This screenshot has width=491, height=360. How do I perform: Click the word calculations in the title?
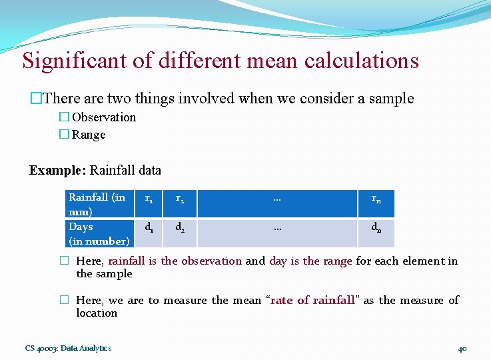pyautogui.click(x=362, y=61)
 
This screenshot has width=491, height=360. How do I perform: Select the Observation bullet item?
pyautogui.click(x=103, y=117)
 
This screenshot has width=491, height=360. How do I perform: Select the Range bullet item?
pyautogui.click(x=88, y=135)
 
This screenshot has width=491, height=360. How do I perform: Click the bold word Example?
pyautogui.click(x=57, y=170)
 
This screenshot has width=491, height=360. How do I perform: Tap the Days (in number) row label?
pyautogui.click(x=99, y=233)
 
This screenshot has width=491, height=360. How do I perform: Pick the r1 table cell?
pyautogui.click(x=150, y=198)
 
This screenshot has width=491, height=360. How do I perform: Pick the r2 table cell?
pyautogui.click(x=180, y=198)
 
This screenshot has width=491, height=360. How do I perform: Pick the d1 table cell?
pyautogui.click(x=150, y=227)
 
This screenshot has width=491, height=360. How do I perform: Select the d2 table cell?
pyautogui.click(x=180, y=227)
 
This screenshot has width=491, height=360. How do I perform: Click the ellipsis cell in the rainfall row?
pyautogui.click(x=277, y=198)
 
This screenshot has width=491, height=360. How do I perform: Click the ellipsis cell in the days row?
pyautogui.click(x=277, y=227)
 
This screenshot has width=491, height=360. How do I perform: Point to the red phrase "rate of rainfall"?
pyautogui.click(x=313, y=301)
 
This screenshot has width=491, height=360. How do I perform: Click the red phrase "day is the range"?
pyautogui.click(x=310, y=261)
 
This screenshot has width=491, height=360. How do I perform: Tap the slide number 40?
pyautogui.click(x=463, y=348)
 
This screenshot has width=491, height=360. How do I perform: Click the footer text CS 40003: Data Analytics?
pyautogui.click(x=68, y=347)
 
